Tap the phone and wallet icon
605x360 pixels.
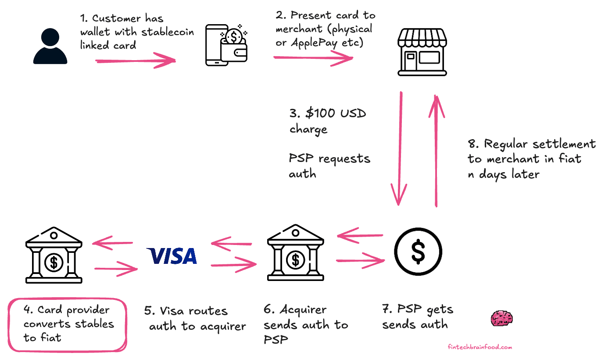[227, 46]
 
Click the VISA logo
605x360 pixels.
[172, 256]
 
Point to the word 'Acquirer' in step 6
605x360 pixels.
[302, 310]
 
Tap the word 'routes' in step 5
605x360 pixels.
[207, 312]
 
